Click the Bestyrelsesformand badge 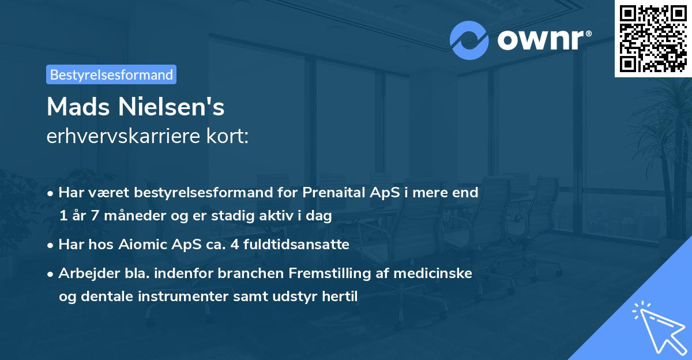(x=111, y=74)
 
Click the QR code (x=653, y=38)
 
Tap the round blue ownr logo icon (x=469, y=40)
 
